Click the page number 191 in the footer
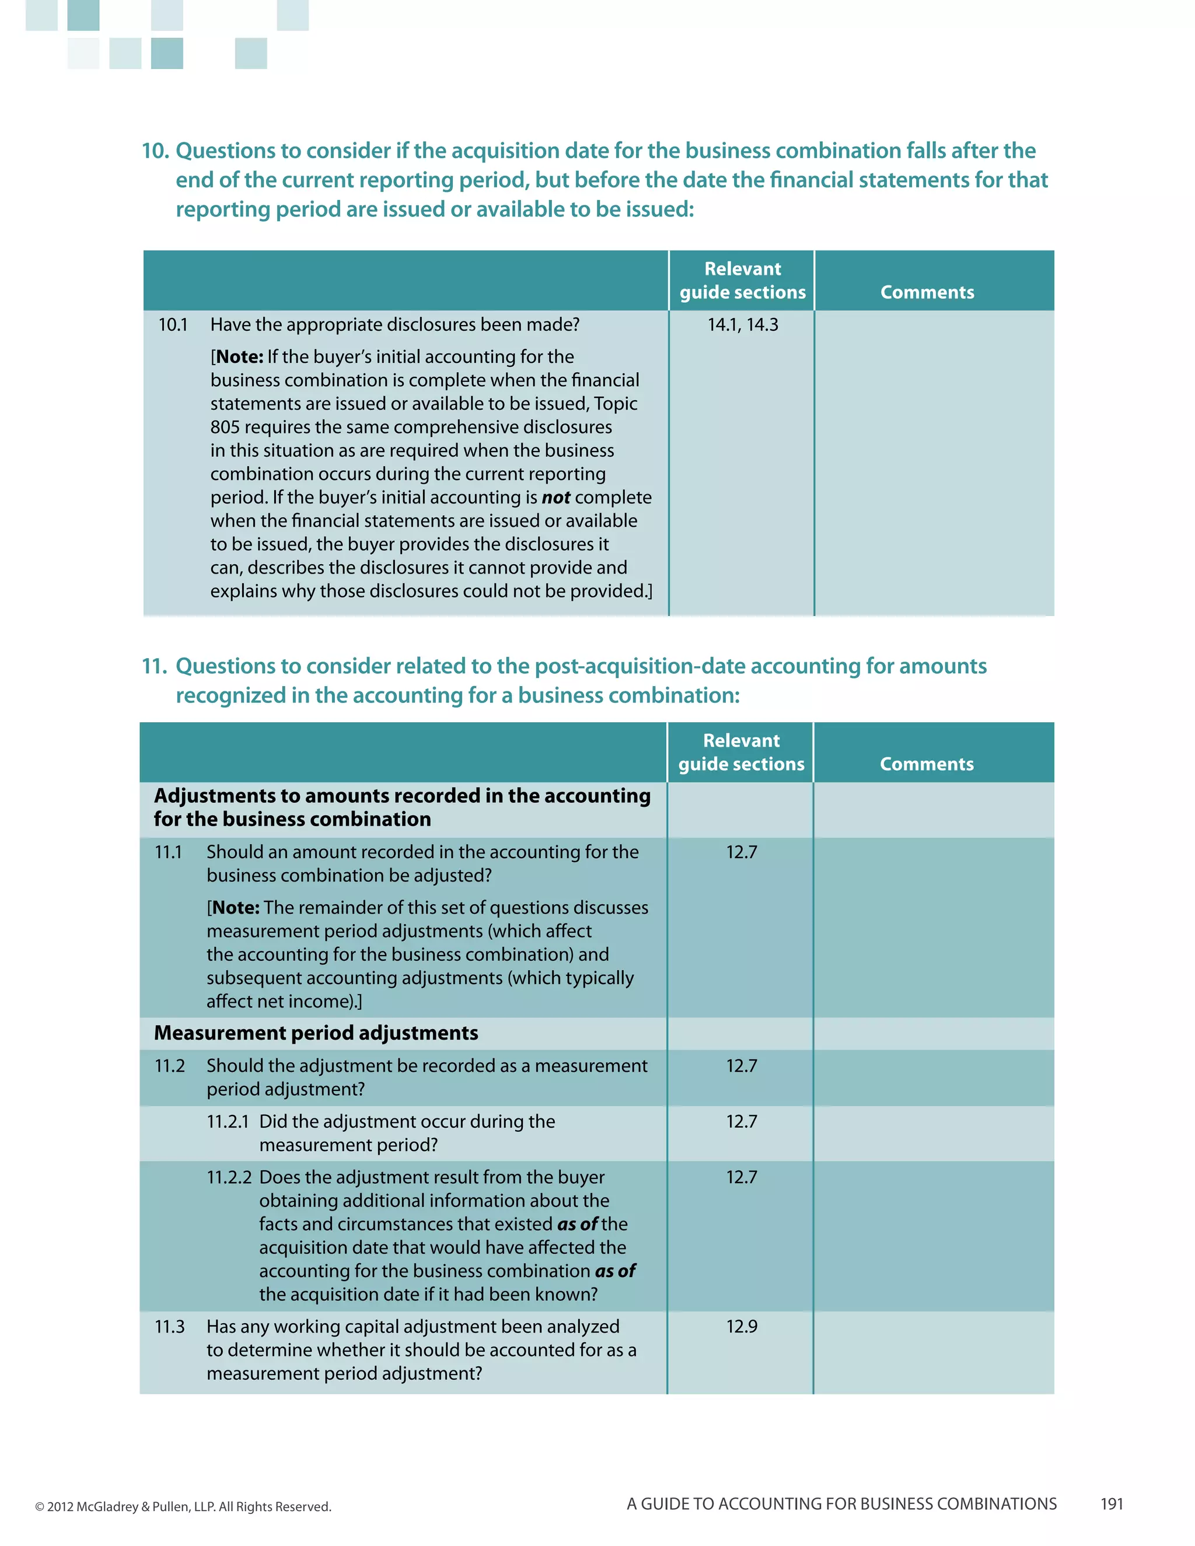(x=1112, y=1503)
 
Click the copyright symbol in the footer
(x=40, y=1507)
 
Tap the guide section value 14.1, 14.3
(x=742, y=325)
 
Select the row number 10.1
(x=173, y=325)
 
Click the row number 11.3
(x=169, y=1327)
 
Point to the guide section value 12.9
(x=741, y=1327)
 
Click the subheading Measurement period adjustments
(x=316, y=1033)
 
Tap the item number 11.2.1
(x=227, y=1121)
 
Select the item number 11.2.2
(x=229, y=1177)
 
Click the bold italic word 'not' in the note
(x=555, y=498)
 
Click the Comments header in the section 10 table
(x=927, y=292)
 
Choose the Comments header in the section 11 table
(x=926, y=764)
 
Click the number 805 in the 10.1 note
(x=225, y=428)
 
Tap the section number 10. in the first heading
(x=155, y=151)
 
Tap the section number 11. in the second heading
(x=154, y=666)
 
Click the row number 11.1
(x=168, y=852)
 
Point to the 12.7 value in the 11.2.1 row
(x=741, y=1121)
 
